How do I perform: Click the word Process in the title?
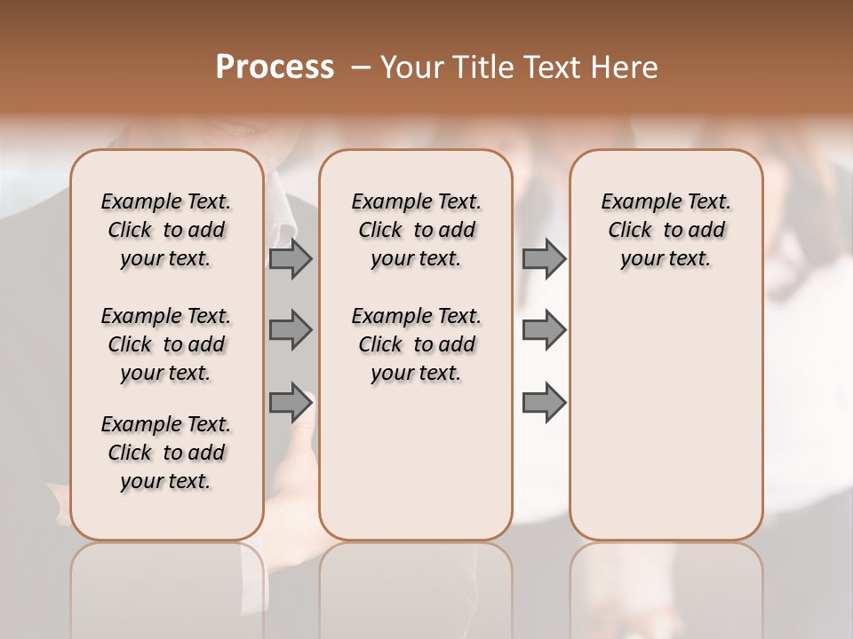click(275, 67)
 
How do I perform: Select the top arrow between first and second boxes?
click(291, 258)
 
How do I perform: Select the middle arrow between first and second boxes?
click(291, 330)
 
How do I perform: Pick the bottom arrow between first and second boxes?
click(291, 403)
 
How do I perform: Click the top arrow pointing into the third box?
click(544, 258)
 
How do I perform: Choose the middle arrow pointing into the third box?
click(544, 330)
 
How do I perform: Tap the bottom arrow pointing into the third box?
click(544, 403)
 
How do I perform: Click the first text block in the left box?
click(166, 230)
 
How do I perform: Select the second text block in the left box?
click(166, 344)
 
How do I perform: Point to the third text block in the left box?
click(166, 453)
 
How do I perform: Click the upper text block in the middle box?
click(416, 230)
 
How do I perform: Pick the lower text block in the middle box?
click(416, 344)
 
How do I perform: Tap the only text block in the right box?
click(666, 230)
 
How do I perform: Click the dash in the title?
click(361, 67)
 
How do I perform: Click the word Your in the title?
click(412, 67)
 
